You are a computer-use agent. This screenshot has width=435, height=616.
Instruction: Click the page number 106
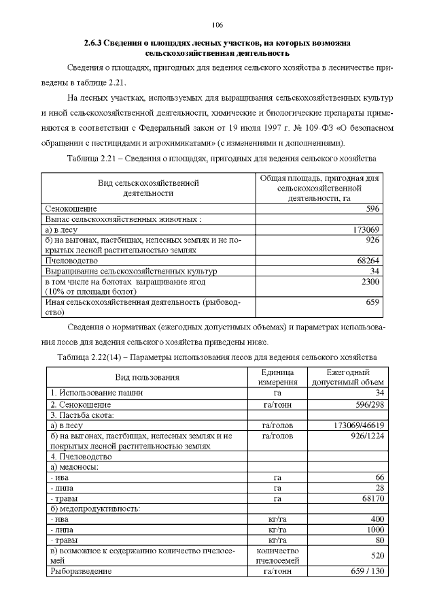coord(217,25)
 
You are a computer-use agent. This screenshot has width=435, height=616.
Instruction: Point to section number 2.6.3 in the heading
coord(94,43)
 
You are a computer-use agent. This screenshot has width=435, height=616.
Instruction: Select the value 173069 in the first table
coord(364,229)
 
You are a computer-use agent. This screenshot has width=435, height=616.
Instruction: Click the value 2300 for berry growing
coord(369,281)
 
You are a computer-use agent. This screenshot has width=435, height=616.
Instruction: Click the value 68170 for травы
coord(371,498)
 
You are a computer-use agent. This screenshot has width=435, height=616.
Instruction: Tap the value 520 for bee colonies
coord(376,555)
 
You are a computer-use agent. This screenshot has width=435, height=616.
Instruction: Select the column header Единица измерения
coord(277,377)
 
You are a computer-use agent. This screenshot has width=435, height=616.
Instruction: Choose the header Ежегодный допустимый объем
coord(347,377)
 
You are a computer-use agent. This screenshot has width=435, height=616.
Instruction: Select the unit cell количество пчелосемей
coord(277,555)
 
